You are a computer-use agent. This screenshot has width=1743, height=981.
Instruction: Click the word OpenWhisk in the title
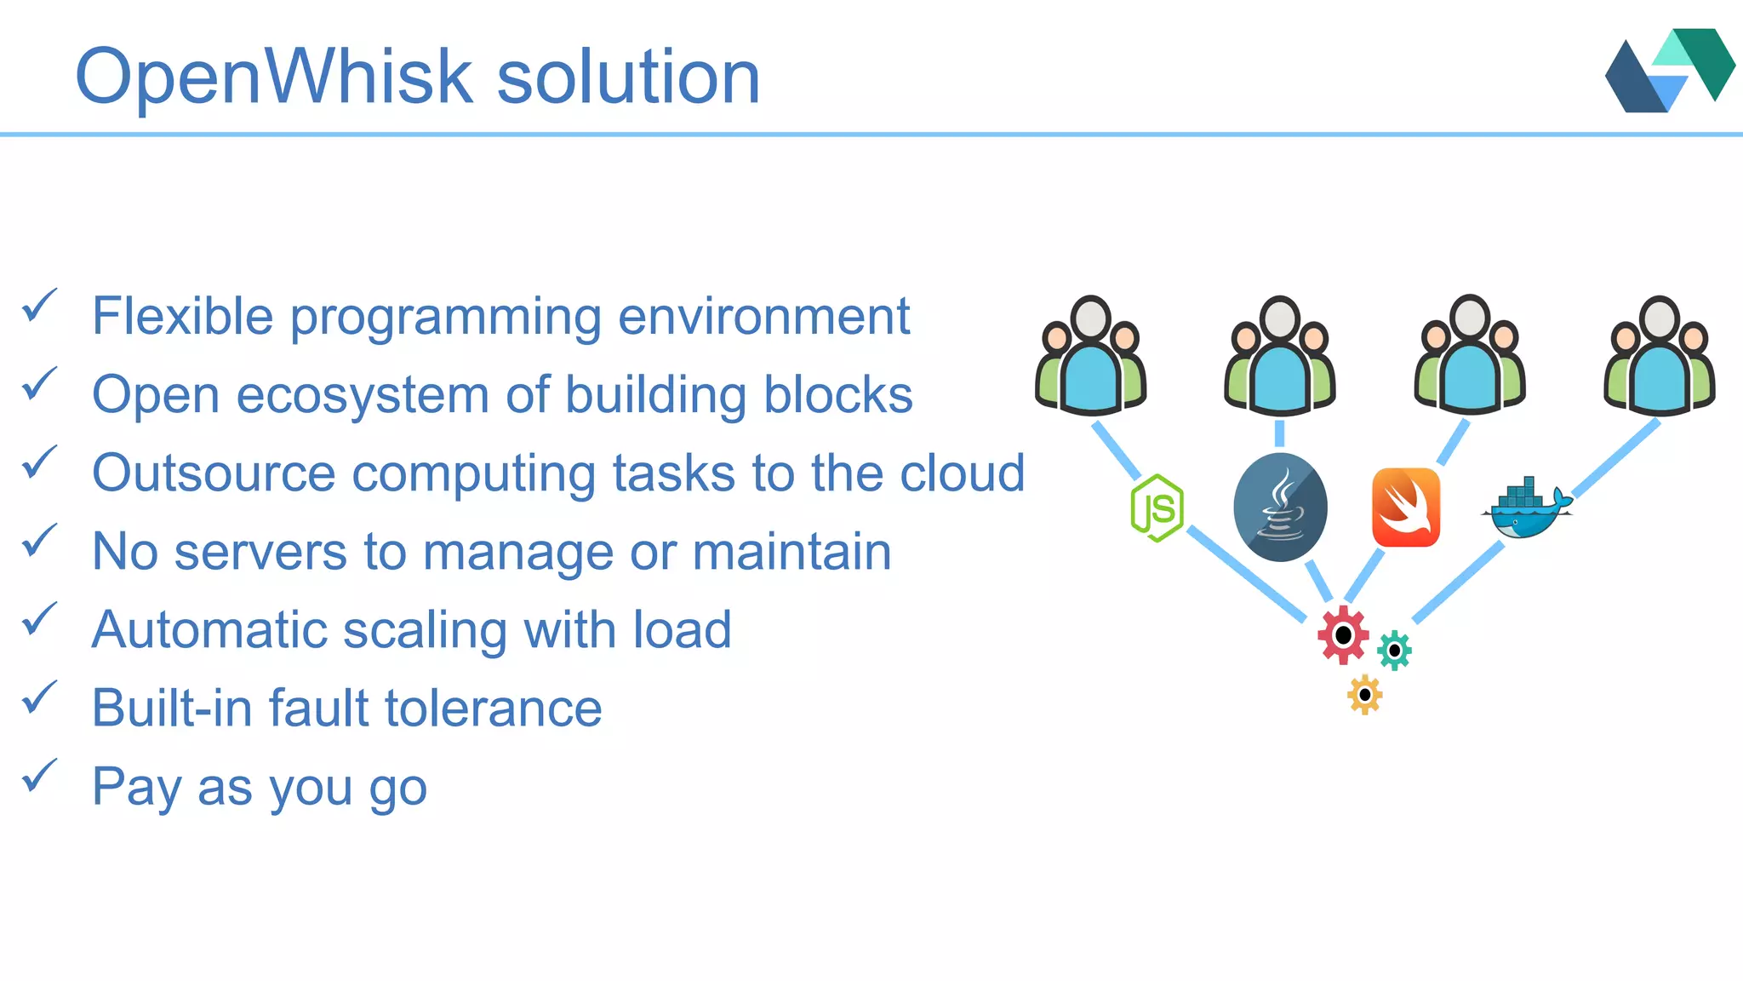click(x=272, y=77)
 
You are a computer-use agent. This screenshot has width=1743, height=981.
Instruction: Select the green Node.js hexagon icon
click(x=1157, y=508)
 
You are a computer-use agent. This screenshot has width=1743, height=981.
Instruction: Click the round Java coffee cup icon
click(x=1280, y=508)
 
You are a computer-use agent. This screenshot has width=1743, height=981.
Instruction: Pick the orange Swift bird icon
click(x=1406, y=508)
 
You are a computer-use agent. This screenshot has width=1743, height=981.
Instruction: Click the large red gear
click(x=1343, y=635)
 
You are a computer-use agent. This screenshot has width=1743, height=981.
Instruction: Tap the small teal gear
click(x=1394, y=651)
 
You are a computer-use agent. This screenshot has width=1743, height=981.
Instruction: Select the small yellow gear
click(x=1364, y=695)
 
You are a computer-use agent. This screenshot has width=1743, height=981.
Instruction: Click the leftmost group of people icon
click(x=1090, y=355)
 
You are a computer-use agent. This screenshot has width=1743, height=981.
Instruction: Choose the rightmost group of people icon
click(x=1659, y=355)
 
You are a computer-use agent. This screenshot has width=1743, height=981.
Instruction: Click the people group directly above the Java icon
click(x=1280, y=355)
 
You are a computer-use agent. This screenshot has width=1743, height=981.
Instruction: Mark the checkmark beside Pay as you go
click(x=39, y=776)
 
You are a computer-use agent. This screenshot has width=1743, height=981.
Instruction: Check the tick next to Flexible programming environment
click(x=39, y=306)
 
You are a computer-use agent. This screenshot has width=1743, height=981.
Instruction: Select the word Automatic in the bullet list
click(x=209, y=629)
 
